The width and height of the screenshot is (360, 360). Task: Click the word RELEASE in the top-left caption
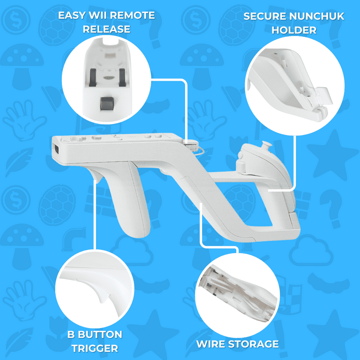click(x=106, y=30)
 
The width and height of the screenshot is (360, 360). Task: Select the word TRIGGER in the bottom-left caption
click(x=94, y=348)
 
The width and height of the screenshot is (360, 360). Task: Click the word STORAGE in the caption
click(x=256, y=344)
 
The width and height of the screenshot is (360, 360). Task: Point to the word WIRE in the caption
click(x=213, y=344)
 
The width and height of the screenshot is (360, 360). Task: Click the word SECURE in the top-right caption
click(x=264, y=16)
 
